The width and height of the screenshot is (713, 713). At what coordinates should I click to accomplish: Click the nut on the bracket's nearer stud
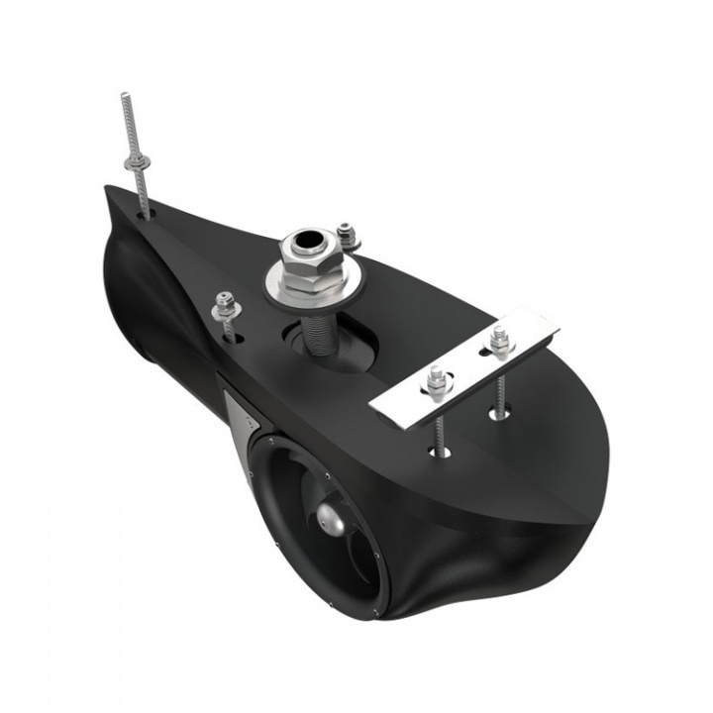pyautogui.click(x=436, y=377)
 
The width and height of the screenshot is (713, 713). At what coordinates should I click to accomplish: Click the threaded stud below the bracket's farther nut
pyautogui.click(x=497, y=381)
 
